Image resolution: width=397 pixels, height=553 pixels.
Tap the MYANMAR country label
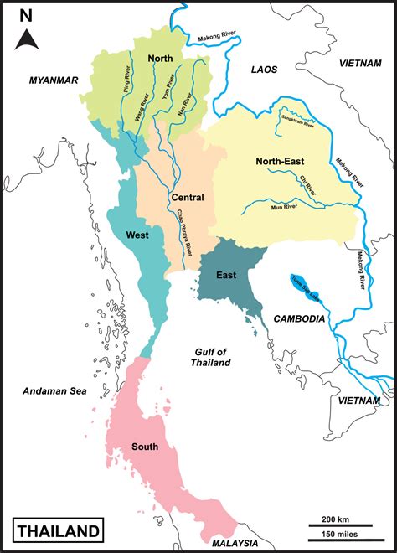pos(53,80)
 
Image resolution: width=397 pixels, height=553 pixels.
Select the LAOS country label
pos(264,70)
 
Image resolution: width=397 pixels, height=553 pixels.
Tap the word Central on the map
pos(188,197)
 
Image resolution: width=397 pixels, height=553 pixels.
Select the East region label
pos(226,275)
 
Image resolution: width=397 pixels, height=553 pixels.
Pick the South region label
pos(145,447)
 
